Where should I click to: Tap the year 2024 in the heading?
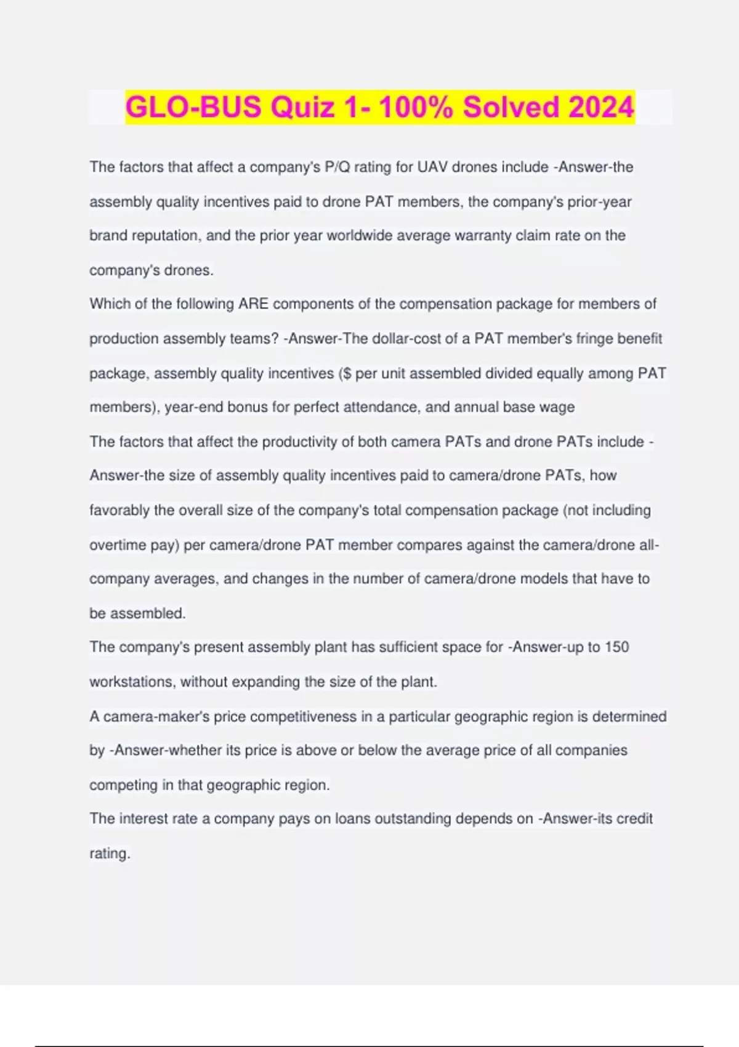(x=601, y=107)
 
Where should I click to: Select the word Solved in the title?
(x=511, y=107)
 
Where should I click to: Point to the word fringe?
(x=596, y=339)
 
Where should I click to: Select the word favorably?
(x=119, y=511)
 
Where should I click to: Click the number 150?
(x=616, y=647)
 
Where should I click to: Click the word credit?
(x=632, y=819)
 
